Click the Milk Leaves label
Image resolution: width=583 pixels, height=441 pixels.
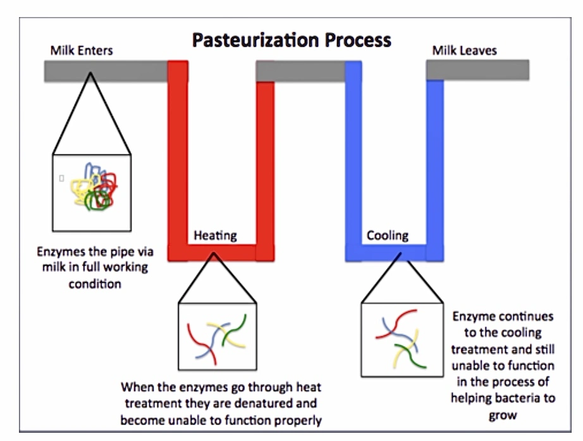click(x=464, y=50)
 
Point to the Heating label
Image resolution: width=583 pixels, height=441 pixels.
click(x=215, y=235)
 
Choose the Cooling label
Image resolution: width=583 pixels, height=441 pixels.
click(x=388, y=235)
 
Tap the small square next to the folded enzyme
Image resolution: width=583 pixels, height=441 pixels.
click(x=61, y=178)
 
